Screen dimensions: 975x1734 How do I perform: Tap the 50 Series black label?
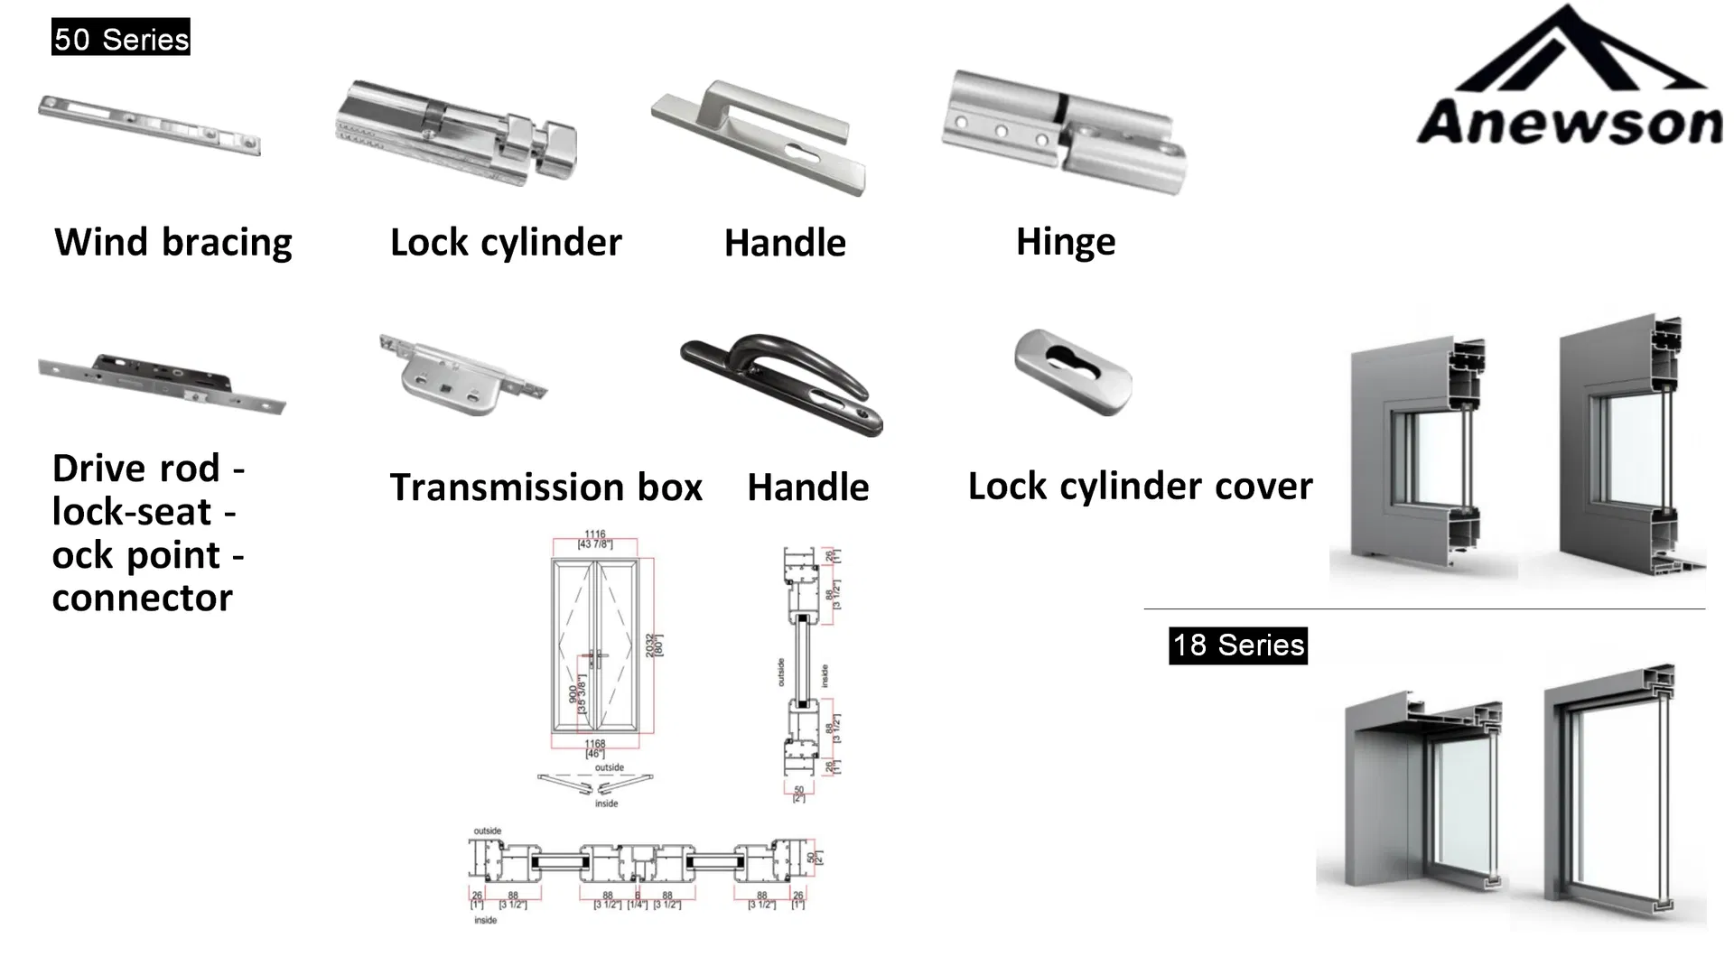(121, 38)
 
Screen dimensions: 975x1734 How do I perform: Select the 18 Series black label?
(1238, 645)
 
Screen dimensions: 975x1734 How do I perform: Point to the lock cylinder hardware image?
(456, 134)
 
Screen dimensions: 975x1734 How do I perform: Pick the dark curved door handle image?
(782, 384)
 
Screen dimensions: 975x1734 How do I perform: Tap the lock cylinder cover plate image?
(1072, 371)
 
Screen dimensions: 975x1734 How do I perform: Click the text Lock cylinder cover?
(1140, 487)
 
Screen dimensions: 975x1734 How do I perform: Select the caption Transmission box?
(545, 487)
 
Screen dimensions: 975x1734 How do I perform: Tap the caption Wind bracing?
(173, 242)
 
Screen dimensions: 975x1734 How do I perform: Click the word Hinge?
(1066, 242)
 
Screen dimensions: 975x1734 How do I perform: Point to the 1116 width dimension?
(594, 534)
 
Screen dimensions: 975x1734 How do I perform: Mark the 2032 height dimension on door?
(651, 645)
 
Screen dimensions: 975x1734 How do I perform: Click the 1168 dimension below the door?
(594, 744)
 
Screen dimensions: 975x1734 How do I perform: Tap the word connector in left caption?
(142, 598)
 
